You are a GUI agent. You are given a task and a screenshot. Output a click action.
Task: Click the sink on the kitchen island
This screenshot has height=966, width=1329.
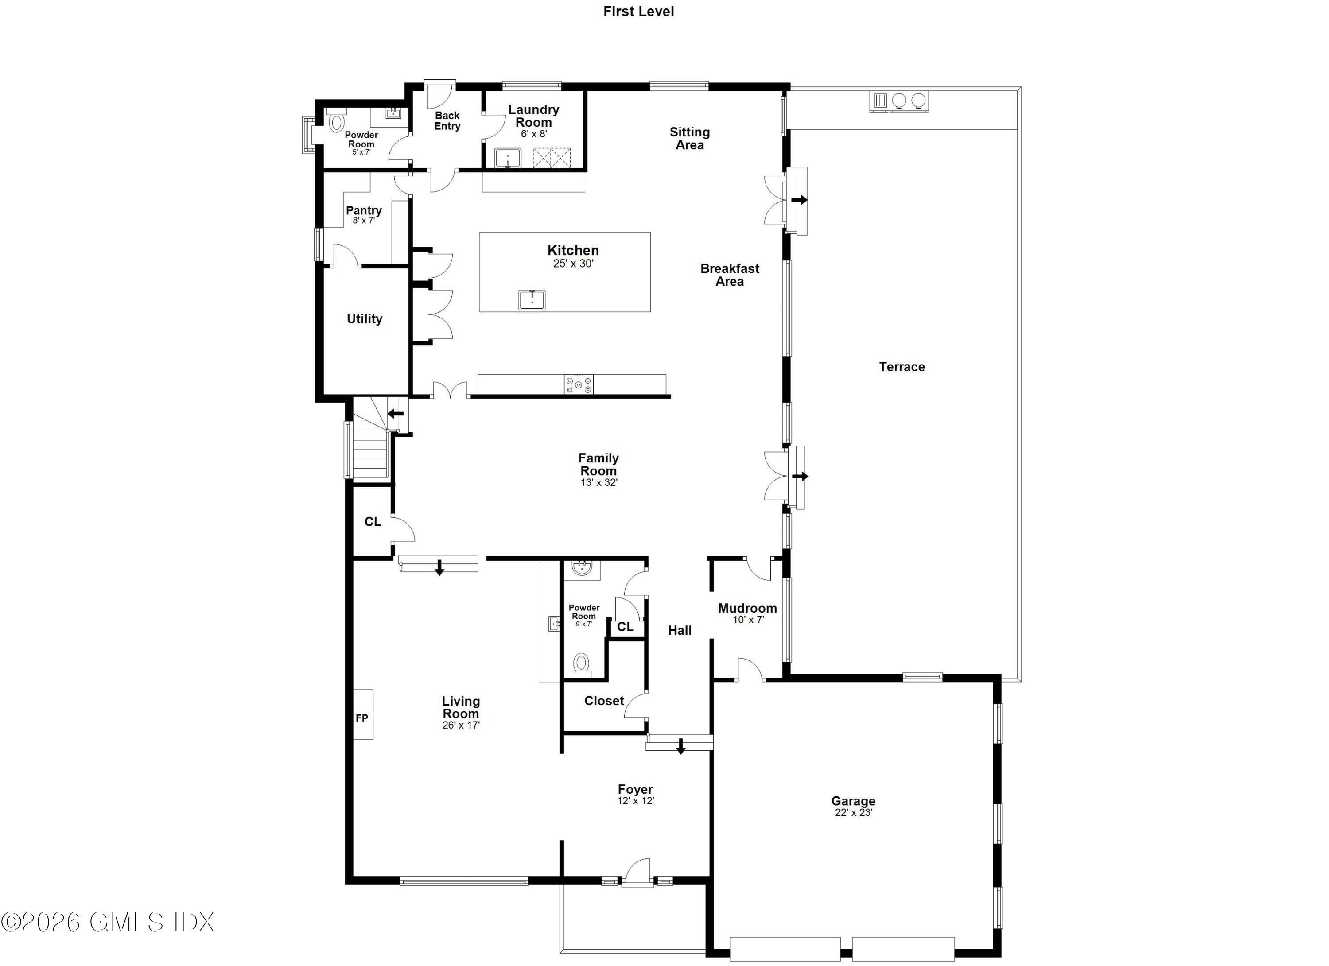(532, 300)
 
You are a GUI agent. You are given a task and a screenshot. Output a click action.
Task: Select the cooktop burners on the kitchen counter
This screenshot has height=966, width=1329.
(579, 385)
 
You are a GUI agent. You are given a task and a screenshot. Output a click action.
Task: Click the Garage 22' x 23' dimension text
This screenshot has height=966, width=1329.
(853, 812)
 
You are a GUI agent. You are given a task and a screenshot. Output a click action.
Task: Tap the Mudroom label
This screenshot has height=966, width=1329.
(747, 608)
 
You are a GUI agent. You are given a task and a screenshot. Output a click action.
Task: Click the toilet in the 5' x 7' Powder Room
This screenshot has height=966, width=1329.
(336, 122)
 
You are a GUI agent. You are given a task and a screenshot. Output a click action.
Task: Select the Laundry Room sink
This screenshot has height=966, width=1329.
(508, 158)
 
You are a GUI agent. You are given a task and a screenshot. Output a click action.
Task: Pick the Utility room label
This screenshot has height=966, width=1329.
(365, 319)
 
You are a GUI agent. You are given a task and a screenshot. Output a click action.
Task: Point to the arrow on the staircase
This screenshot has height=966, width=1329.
(396, 414)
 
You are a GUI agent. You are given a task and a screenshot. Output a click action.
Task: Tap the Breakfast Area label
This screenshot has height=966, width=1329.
(730, 275)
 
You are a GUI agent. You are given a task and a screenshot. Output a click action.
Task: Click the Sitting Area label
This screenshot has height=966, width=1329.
(690, 138)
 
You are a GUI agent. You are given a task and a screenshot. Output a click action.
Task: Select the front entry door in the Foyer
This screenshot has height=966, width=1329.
(637, 873)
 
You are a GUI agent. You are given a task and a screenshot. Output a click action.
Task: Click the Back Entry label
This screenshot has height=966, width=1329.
(447, 120)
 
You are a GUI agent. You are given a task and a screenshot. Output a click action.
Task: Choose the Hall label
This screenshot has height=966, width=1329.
(680, 630)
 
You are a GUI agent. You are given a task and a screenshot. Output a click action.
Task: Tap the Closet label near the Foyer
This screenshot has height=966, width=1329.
(603, 701)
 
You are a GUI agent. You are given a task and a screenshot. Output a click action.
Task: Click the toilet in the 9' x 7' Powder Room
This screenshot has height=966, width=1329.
(581, 663)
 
